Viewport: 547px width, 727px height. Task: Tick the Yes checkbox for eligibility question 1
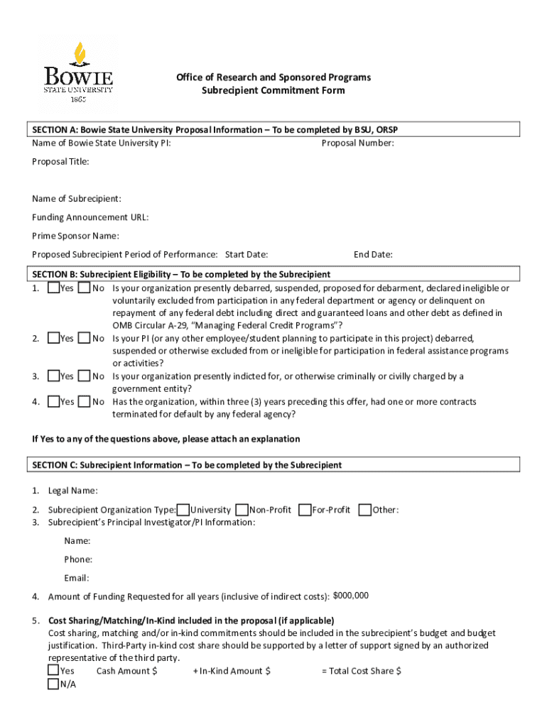pos(54,289)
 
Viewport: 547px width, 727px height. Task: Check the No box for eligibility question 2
pos(84,339)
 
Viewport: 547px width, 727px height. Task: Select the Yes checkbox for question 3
pos(54,376)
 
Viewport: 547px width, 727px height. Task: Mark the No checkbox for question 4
pos(84,402)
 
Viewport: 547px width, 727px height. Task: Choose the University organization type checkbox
pos(183,510)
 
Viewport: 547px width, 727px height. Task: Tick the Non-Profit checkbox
pos(242,510)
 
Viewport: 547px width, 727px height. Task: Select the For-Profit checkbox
pos(305,510)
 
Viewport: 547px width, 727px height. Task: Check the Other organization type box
pos(365,510)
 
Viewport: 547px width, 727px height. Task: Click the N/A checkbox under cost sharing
pos(53,684)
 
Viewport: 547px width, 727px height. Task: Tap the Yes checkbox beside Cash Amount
pos(53,671)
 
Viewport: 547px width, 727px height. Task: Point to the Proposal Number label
pos(357,143)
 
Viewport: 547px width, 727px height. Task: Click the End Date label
pos(373,255)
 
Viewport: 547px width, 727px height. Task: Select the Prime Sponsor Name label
pos(75,236)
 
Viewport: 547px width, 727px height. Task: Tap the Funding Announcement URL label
pos(90,217)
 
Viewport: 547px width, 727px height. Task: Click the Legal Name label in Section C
pos(72,491)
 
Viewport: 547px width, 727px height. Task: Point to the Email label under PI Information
pos(77,578)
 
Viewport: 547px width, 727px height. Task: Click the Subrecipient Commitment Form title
pos(273,91)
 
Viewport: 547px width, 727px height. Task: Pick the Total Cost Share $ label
pos(362,671)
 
